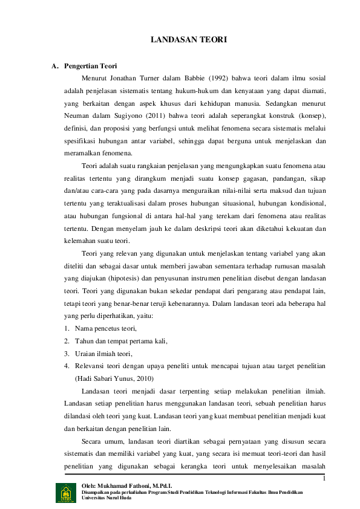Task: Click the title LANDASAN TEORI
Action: [188, 40]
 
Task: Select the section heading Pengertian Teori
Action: [91, 66]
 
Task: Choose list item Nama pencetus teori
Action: [106, 328]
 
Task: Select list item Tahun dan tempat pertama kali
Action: [121, 341]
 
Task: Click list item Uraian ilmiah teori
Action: [103, 354]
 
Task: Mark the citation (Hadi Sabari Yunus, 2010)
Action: [114, 378]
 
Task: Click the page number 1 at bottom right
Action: [324, 480]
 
